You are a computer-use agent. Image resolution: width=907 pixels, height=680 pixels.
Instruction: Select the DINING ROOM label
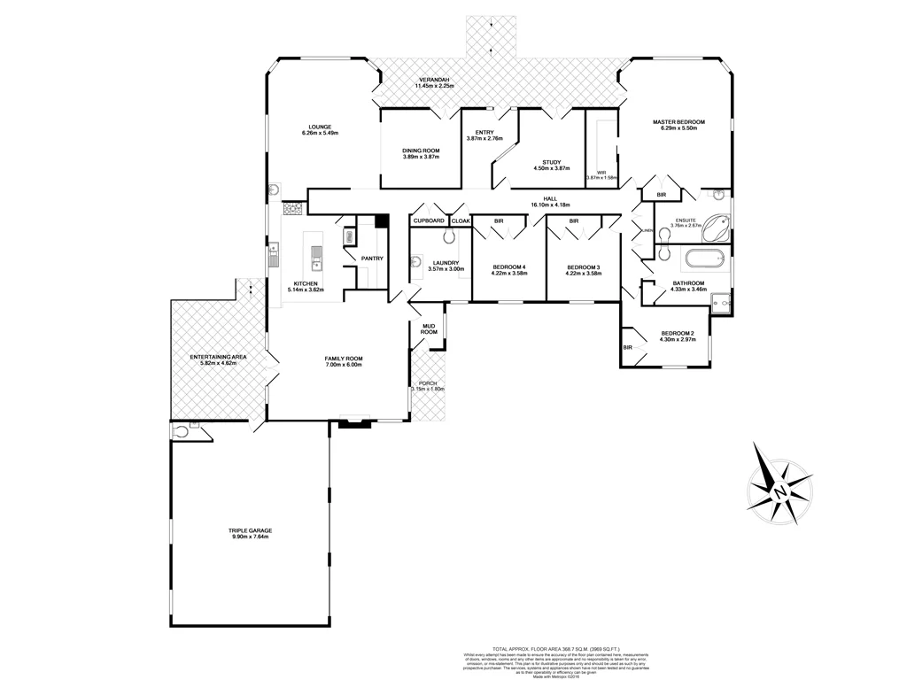421,151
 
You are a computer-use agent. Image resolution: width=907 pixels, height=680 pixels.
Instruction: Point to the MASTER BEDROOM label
678,121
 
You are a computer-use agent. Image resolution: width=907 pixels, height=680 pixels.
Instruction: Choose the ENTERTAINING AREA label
218,357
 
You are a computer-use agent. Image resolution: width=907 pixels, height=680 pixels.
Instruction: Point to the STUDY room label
552,162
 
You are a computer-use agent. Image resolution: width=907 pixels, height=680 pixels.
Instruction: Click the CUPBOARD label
429,220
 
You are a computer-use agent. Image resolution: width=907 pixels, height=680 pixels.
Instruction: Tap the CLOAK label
461,220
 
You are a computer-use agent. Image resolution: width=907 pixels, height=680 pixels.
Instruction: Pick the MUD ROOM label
429,329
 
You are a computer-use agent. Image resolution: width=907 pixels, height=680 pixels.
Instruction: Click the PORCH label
428,382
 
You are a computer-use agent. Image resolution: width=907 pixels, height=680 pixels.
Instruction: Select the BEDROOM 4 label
508,268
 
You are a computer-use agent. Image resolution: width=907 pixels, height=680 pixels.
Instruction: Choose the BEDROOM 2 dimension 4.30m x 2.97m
678,339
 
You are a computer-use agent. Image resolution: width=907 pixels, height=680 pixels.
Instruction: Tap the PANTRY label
372,259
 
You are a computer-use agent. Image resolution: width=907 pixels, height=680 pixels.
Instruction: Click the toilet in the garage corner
182,432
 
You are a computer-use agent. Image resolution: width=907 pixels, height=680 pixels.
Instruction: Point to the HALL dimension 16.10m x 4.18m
549,205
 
